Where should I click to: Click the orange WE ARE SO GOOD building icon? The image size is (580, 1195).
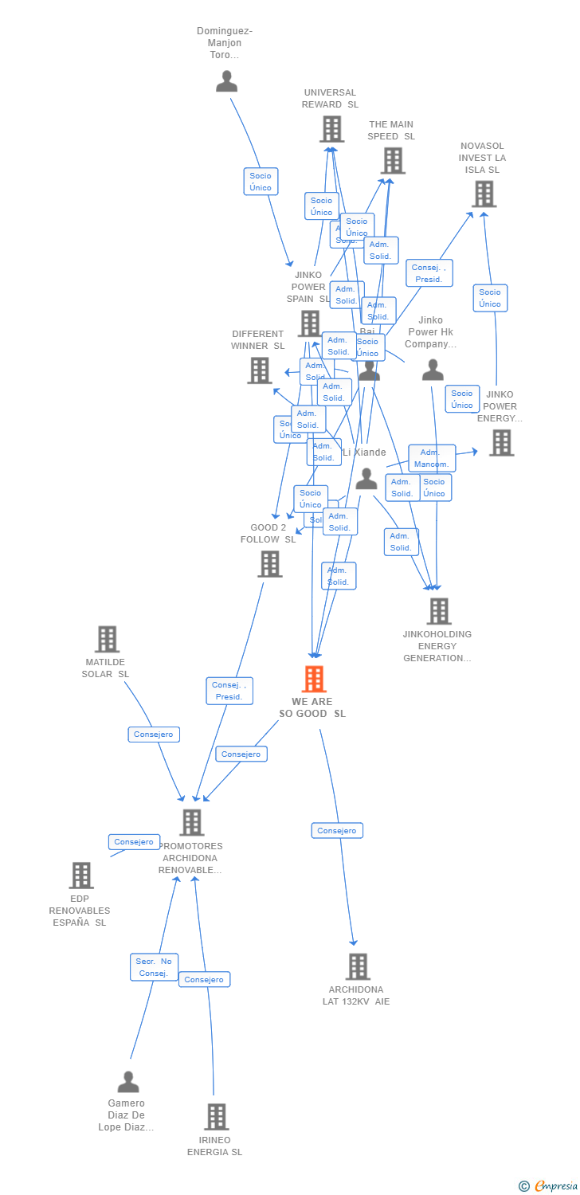(x=315, y=679)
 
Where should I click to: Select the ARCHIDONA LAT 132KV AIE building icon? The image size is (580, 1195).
(x=358, y=966)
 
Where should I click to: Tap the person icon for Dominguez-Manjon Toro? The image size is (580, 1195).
(x=227, y=81)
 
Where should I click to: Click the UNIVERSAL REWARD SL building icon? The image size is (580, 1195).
(x=331, y=129)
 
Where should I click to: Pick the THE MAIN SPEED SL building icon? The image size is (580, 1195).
(x=392, y=161)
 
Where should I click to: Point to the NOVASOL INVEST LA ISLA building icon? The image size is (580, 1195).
(x=484, y=194)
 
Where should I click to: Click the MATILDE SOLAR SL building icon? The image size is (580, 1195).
(x=107, y=639)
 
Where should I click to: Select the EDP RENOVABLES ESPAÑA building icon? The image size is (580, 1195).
(x=81, y=875)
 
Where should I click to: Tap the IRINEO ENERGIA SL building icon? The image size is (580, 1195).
(x=216, y=1117)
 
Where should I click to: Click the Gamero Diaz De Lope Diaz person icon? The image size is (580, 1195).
(x=128, y=1082)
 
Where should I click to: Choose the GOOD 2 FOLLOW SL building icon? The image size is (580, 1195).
(x=270, y=564)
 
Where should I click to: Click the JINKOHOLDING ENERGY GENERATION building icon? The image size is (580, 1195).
(x=438, y=611)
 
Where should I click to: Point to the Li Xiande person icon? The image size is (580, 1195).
(x=366, y=479)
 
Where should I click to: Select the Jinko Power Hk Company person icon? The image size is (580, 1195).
(x=433, y=370)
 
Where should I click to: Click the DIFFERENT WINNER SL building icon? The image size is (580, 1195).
(x=259, y=370)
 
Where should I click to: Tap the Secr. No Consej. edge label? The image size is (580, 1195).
(x=155, y=967)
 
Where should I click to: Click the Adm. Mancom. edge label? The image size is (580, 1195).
(x=432, y=458)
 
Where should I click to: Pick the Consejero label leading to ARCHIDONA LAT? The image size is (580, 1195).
(x=337, y=830)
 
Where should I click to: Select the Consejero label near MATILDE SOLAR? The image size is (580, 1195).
(x=154, y=734)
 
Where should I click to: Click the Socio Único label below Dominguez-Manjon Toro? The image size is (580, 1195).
(x=261, y=182)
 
